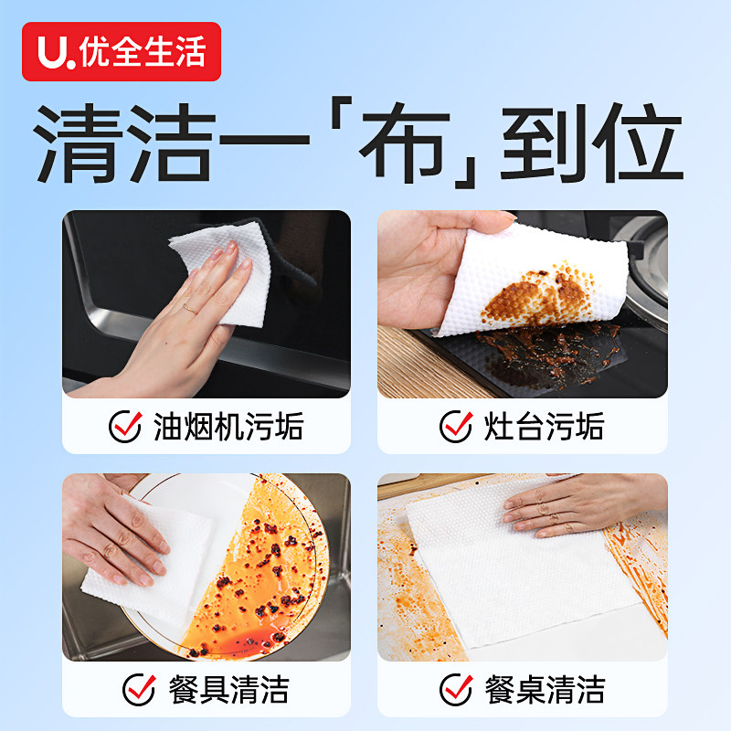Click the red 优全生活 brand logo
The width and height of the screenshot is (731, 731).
122,52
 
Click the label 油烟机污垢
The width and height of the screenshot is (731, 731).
228,427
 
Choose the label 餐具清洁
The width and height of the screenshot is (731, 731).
228,689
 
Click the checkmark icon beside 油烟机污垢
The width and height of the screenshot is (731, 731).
125,427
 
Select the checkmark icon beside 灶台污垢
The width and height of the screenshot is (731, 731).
456,427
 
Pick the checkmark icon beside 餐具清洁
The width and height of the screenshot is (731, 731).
139,689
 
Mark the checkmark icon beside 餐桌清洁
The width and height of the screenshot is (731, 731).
456,689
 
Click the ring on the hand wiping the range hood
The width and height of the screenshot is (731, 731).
188,309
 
